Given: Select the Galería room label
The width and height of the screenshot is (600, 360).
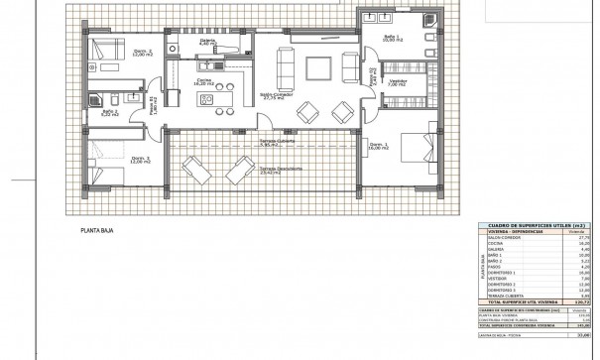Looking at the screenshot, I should tap(207, 42).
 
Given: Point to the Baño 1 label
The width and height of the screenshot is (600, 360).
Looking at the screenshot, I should tap(393, 38).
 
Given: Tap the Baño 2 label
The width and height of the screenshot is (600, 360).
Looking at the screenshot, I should tap(110, 112).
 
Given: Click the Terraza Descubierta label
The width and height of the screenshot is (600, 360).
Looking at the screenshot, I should tap(282, 170).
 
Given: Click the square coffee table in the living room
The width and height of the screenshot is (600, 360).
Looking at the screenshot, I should tap(318, 68).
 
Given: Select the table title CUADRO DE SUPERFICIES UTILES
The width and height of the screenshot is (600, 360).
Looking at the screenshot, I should tap(537, 226).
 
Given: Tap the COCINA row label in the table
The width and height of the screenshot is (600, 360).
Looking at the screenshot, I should tap(499, 245).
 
